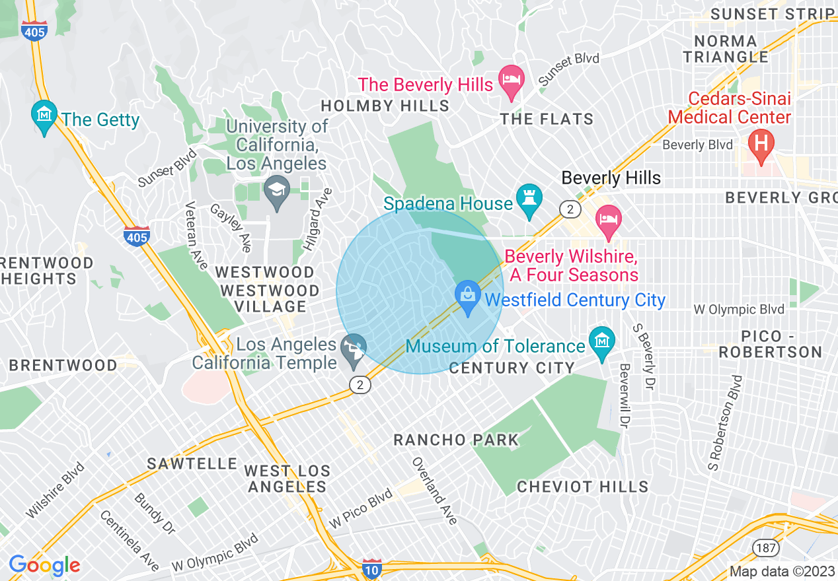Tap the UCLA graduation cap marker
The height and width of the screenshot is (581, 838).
[x=276, y=190]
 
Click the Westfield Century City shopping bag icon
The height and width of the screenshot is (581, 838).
[x=468, y=296]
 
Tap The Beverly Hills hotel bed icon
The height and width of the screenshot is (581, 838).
[x=510, y=81]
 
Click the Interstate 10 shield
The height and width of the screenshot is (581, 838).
[x=372, y=568]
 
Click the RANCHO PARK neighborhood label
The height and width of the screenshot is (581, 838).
[x=456, y=440]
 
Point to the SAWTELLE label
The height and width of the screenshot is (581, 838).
[x=192, y=464]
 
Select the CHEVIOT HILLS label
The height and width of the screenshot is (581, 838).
[x=582, y=487]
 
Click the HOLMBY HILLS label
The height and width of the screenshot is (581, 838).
[x=385, y=106]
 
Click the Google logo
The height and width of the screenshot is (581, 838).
[x=44, y=565]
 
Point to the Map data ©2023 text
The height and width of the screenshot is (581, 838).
[x=781, y=572]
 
